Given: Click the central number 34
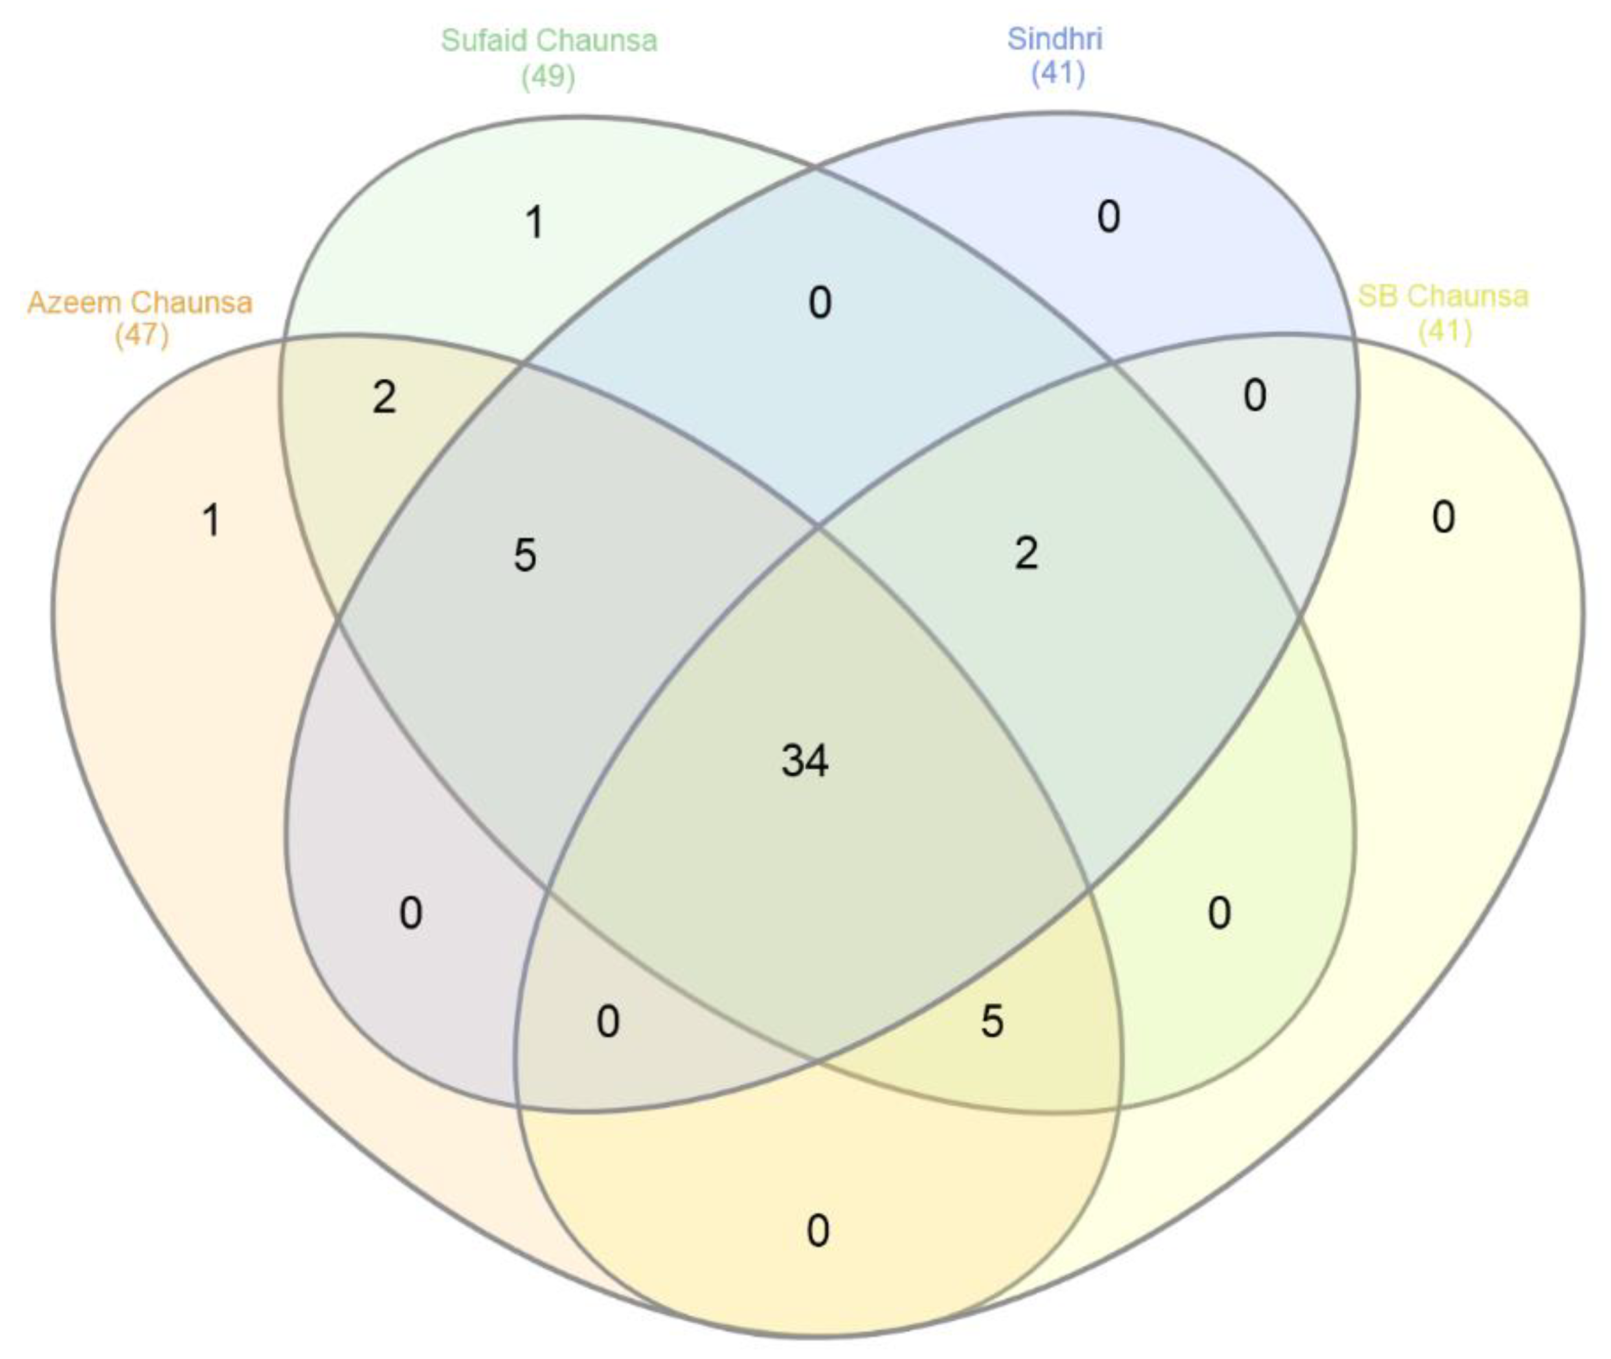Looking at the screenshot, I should point(804,760).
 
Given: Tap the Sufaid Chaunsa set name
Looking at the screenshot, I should point(548,40).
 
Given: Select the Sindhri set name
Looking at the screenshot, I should point(1055,38).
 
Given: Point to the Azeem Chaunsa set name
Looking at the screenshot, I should point(141,302).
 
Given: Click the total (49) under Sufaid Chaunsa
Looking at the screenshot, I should point(548,76).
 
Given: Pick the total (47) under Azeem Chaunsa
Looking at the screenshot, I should point(142,335).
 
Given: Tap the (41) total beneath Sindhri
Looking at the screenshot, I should point(1058,73).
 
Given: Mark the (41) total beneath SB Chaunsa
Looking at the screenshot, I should point(1445,331).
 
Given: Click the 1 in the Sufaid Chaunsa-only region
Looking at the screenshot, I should point(535,223).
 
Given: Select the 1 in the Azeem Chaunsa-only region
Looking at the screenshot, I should point(211,520).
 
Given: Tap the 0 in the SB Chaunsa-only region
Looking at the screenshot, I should point(1443,517).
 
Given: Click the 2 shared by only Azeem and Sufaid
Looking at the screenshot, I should point(384,398).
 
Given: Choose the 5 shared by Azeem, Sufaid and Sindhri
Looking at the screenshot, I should point(524,556).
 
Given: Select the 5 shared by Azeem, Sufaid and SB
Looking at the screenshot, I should point(991,1022).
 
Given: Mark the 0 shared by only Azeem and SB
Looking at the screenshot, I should point(817,1230).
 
